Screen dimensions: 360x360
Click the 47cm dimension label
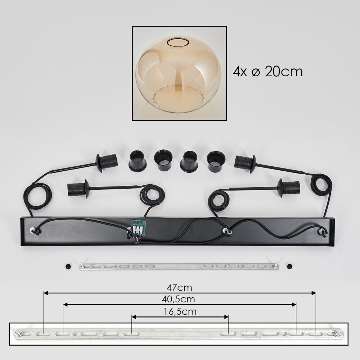(179, 287)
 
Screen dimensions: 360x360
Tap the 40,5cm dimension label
(179, 299)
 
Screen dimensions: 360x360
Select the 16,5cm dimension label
(180, 311)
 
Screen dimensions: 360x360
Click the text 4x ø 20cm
(268, 72)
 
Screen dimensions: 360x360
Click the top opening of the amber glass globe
(178, 42)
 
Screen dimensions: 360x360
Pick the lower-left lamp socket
(78, 189)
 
